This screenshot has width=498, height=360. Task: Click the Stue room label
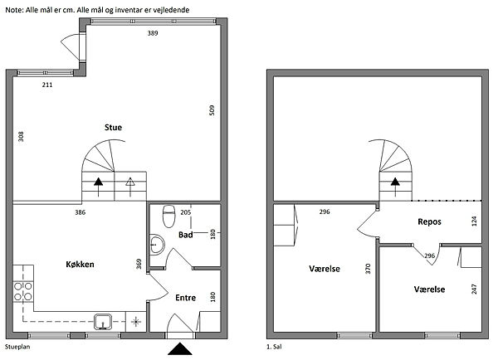113,127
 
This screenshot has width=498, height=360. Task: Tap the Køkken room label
80,264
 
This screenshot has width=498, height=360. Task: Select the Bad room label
185,235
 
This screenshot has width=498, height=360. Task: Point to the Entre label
185,298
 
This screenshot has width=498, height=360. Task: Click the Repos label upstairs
429,221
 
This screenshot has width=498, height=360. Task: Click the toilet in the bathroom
168,216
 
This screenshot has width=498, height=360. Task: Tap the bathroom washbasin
157,244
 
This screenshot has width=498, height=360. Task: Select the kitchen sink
103,322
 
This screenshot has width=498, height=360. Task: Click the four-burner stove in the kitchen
23,291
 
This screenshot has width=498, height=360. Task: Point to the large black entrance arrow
180,349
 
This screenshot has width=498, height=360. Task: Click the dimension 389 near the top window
153,33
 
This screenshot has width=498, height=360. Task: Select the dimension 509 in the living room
212,110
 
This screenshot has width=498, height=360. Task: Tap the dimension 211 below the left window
47,85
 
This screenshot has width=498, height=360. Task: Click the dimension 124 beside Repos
474,221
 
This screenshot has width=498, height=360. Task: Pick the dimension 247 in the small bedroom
474,289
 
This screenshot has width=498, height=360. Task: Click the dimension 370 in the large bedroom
368,269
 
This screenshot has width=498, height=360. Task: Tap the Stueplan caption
17,347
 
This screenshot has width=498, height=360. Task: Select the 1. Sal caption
274,347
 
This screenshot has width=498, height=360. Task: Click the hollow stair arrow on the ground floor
130,187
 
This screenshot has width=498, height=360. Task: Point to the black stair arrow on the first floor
395,187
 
